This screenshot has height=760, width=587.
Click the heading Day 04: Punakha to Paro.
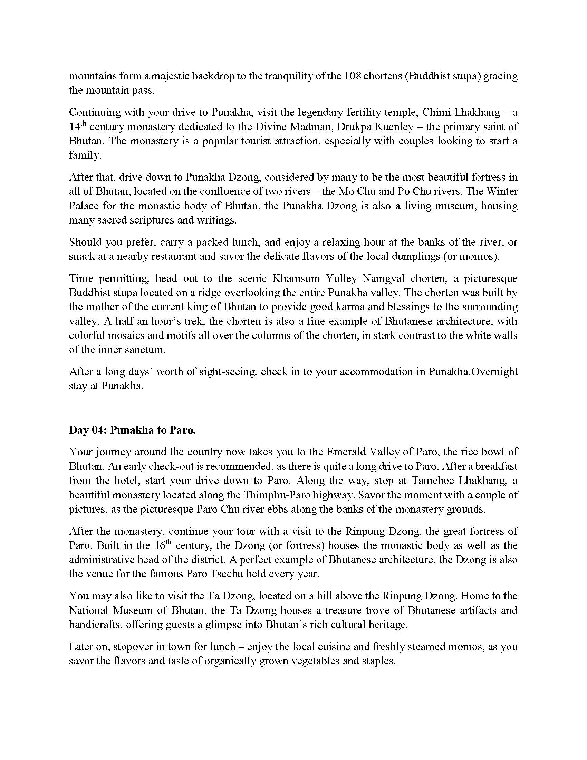tap(132, 430)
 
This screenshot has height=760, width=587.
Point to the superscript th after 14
tap(83, 124)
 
